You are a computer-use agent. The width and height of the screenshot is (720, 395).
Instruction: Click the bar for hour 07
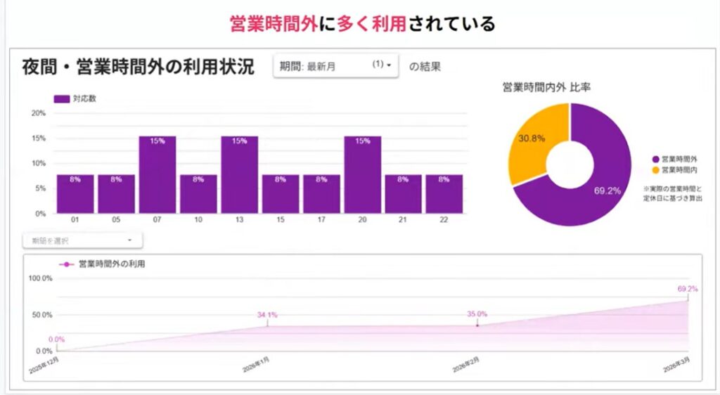pos(157,174)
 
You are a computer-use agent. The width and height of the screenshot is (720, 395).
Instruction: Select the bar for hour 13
pos(239,174)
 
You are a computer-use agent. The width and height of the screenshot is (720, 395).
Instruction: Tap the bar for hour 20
pos(362,174)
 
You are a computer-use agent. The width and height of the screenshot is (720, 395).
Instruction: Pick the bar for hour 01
pos(75,194)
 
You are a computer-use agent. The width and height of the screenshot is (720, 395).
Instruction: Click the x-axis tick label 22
pos(444,221)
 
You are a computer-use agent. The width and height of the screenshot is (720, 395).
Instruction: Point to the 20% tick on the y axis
pos(39,113)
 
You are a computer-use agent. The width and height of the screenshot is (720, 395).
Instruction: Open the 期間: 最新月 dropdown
pos(335,66)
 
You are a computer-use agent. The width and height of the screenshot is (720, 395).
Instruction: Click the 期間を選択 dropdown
pos(82,240)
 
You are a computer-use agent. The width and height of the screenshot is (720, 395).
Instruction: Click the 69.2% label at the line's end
pos(687,289)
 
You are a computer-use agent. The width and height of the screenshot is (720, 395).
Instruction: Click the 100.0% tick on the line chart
pos(40,278)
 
